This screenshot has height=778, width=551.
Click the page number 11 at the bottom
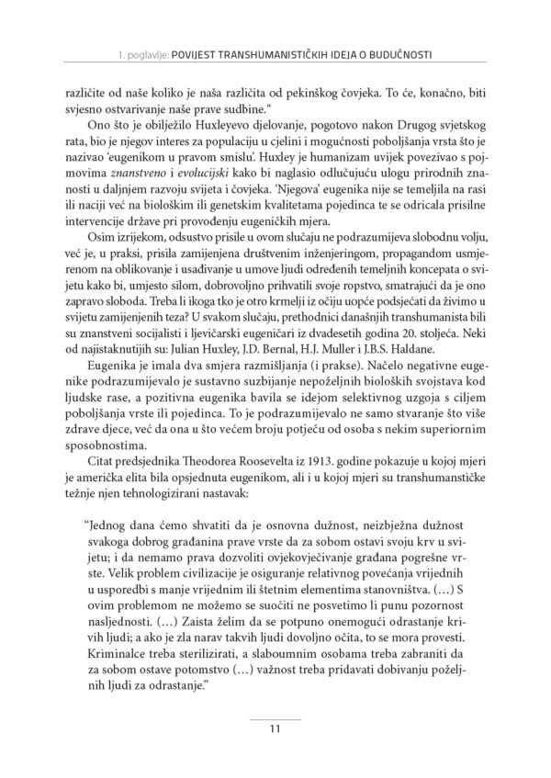pos(275,730)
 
